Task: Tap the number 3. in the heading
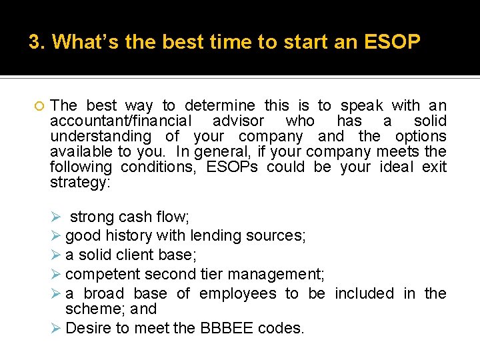tap(37, 43)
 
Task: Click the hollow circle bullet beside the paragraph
tap(37, 106)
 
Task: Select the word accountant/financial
tap(121, 121)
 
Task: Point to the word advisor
tap(238, 121)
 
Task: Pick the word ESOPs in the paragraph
tap(231, 167)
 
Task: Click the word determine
tap(219, 106)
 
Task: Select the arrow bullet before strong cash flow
tap(57, 217)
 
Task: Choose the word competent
tap(99, 273)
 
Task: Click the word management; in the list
tap(263, 273)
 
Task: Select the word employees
tap(237, 293)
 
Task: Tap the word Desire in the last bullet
tap(87, 328)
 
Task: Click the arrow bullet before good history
tap(57, 235)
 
